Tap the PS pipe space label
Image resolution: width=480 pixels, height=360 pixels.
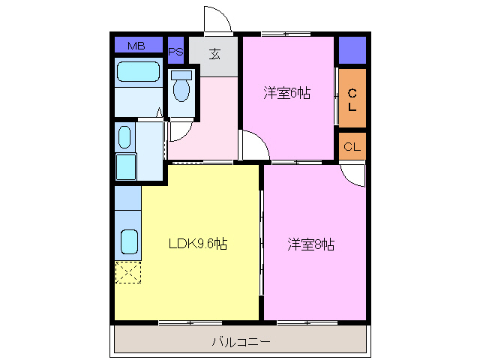[175, 52]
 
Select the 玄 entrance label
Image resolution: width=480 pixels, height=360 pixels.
[214, 54]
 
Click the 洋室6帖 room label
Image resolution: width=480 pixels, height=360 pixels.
[287, 93]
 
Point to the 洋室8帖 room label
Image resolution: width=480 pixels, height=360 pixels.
[311, 244]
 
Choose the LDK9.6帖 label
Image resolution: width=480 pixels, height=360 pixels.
[198, 244]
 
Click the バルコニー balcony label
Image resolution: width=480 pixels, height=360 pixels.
[241, 342]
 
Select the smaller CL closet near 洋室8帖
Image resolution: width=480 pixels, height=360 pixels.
[352, 146]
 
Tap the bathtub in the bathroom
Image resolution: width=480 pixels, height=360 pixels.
[139, 72]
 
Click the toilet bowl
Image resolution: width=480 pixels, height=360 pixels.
[181, 88]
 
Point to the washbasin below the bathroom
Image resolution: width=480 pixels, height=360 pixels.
[125, 137]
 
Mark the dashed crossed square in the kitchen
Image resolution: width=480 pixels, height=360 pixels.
[127, 272]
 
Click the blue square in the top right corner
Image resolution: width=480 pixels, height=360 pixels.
[352, 50]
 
